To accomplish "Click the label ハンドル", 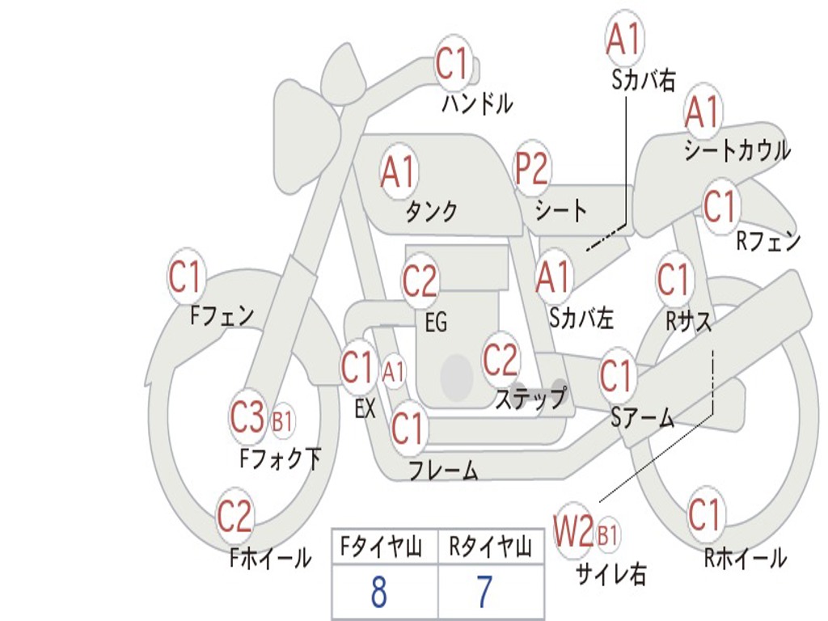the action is pos(477,103).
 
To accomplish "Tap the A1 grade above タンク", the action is pos(397,173).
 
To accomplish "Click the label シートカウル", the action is pos(737,151).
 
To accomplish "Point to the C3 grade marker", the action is pos(247,418).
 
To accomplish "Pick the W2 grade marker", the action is pos(573,531).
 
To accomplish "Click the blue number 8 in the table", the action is pos(378,593).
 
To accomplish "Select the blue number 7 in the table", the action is pos(484,593).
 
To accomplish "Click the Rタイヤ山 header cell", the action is pos(490,548).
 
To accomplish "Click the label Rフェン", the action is pos(767,241).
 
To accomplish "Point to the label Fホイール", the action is pos(269,558).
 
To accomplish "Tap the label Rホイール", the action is pos(745,558).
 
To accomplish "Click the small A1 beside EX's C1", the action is pos(393,373).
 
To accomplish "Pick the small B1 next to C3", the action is pos(282,421).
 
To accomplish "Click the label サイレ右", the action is pos(610,574).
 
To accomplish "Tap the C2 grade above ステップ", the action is pos(500,359).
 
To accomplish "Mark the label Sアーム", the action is pos(642,418).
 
